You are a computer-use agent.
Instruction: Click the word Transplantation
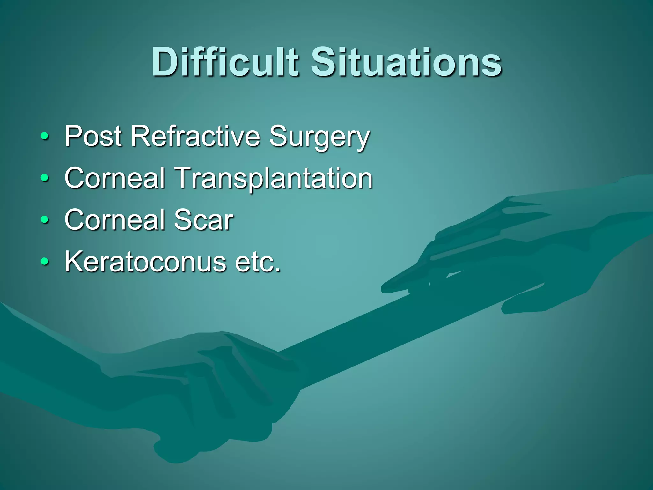[274, 179]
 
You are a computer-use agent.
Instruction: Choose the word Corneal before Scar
[115, 220]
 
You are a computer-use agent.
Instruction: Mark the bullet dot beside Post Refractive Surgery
[45, 137]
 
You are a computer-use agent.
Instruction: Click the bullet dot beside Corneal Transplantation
[45, 179]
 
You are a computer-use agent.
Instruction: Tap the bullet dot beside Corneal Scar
[45, 220]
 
